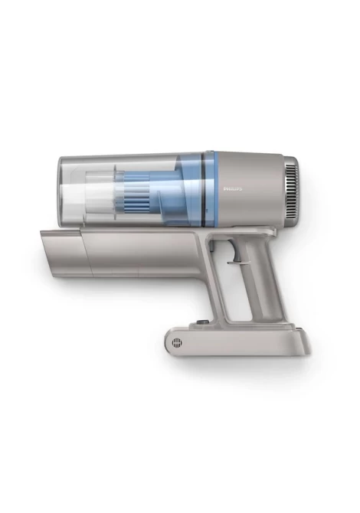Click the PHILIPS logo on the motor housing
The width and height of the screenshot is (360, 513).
(233, 189)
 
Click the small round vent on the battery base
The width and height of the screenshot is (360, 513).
(177, 343)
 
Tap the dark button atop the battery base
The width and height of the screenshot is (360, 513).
(200, 322)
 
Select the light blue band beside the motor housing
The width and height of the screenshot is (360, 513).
(210, 189)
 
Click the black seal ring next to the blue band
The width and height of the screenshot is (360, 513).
(203, 190)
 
